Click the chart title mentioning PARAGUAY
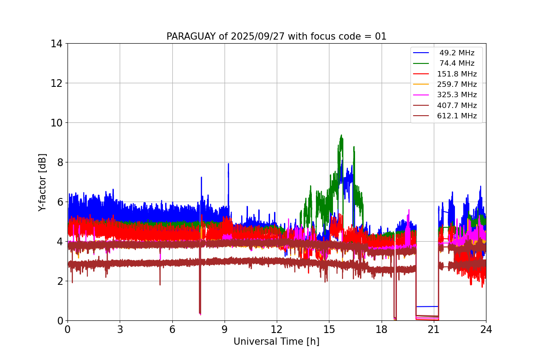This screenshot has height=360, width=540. [x=276, y=36]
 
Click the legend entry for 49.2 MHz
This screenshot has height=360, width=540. [x=457, y=53]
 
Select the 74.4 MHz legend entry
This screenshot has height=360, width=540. [x=457, y=63]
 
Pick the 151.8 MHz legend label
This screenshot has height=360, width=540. [x=457, y=74]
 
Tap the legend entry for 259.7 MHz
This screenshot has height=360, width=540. [x=457, y=84]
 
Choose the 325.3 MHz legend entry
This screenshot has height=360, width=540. [x=457, y=95]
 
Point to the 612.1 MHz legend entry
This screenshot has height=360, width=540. [x=457, y=116]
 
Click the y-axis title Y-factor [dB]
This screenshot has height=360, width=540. [x=42, y=182]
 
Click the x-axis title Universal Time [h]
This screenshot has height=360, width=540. [x=276, y=342]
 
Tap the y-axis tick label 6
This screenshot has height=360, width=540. [x=59, y=202]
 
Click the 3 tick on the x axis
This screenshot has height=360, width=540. [x=120, y=329]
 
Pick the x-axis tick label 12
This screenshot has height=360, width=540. [x=277, y=329]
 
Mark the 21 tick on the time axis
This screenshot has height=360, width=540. [x=434, y=329]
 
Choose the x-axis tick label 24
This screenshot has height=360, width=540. [x=486, y=329]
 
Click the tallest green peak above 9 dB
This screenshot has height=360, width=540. [x=342, y=135]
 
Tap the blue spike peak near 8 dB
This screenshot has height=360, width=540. [x=228, y=164]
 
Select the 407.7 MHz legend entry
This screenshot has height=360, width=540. [x=457, y=105]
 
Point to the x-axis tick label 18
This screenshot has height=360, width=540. [x=382, y=329]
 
